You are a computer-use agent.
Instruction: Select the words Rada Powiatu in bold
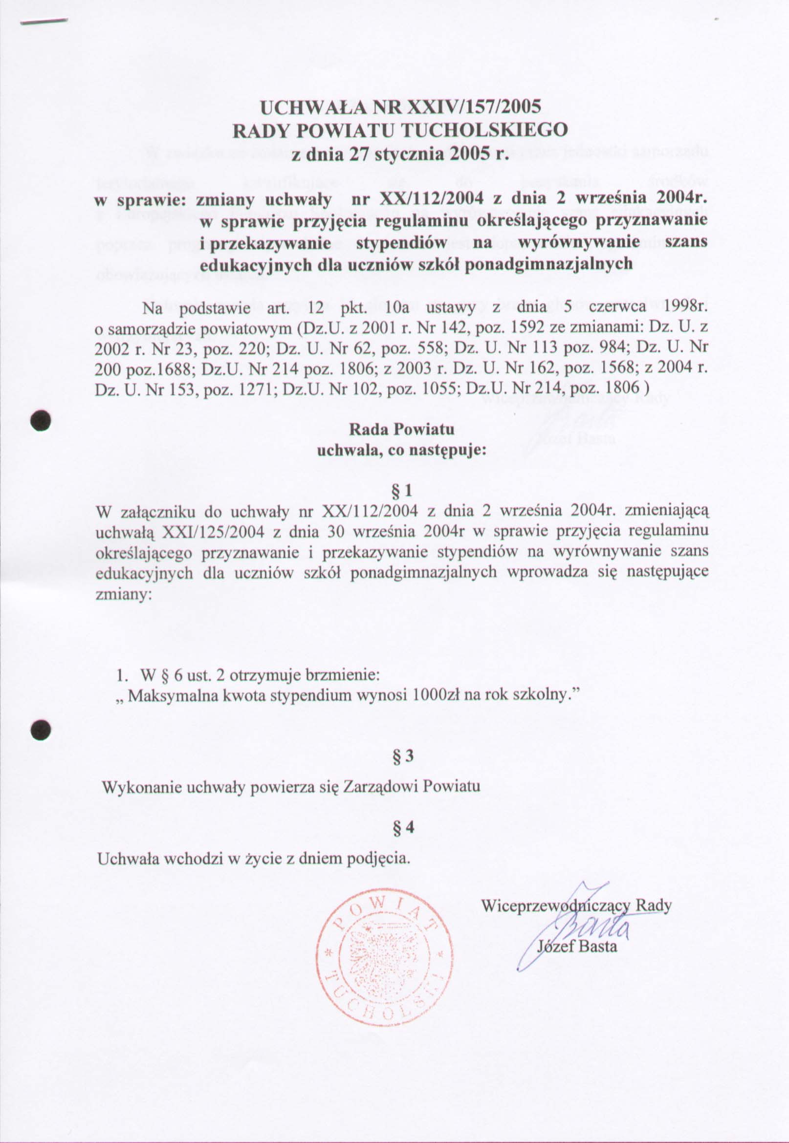pyautogui.click(x=401, y=430)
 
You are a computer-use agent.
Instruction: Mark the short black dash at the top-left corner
pyautogui.click(x=44, y=21)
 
